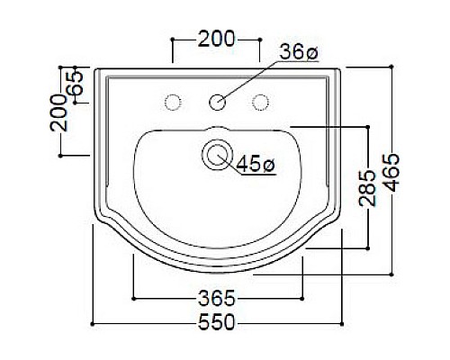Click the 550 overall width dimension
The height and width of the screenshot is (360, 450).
click(x=216, y=322)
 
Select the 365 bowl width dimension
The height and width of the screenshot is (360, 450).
click(x=217, y=298)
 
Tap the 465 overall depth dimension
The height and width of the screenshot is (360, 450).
click(x=391, y=172)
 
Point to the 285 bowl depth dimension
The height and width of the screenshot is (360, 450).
click(x=367, y=188)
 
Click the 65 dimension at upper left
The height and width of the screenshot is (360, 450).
click(x=75, y=83)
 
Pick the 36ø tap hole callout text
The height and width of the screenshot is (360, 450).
click(x=299, y=52)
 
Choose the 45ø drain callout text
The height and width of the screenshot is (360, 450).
click(x=256, y=164)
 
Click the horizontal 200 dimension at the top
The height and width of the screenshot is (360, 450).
click(x=216, y=39)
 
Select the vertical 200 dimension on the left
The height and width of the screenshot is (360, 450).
click(x=58, y=112)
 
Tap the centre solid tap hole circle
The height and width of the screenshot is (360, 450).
click(x=217, y=103)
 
